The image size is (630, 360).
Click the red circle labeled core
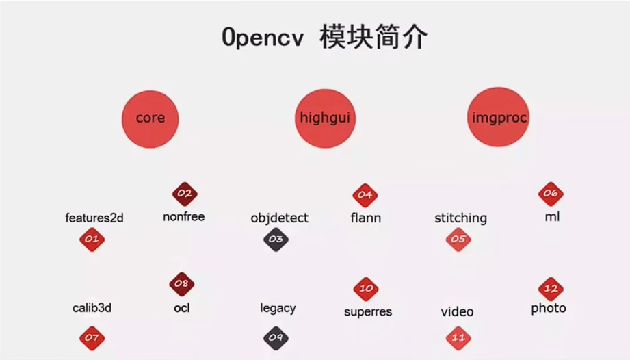150,118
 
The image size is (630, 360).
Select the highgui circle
325,118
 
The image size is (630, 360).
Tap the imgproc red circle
499,118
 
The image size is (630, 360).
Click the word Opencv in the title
263,37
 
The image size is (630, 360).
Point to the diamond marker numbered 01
92,240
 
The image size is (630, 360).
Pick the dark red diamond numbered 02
184,194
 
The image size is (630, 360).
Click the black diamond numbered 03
276,240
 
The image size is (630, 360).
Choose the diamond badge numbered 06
551,194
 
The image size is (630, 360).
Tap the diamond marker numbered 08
182,284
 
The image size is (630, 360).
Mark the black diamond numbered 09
276,337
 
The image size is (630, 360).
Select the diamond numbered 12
551,289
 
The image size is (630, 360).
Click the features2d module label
94,218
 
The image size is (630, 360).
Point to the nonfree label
183,217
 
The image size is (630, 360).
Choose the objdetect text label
279,218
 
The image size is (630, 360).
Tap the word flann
365,218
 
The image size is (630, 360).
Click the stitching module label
460,218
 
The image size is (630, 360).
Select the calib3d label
92,308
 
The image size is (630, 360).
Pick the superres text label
368,311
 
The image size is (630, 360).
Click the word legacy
278,308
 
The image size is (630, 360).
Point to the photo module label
549,308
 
